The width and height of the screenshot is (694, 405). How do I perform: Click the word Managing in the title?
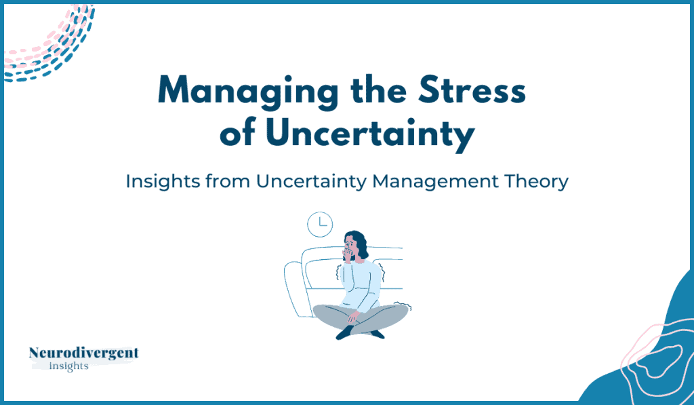(247, 92)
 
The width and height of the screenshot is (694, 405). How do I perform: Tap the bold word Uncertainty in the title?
(370, 134)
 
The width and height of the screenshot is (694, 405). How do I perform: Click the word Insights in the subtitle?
(163, 181)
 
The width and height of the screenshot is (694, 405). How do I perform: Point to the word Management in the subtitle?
(436, 181)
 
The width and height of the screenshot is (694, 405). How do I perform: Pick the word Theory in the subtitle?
(536, 182)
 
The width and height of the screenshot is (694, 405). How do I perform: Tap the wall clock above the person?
(320, 225)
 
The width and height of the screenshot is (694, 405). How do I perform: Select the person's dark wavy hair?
(361, 244)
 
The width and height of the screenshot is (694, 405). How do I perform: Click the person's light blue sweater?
(361, 284)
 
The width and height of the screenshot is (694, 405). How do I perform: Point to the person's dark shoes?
(359, 332)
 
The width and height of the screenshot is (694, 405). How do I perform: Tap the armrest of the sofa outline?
(293, 288)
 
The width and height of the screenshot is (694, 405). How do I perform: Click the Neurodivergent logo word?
(83, 353)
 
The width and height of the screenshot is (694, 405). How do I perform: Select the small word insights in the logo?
(68, 366)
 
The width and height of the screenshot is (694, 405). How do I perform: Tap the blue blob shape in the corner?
(651, 355)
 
